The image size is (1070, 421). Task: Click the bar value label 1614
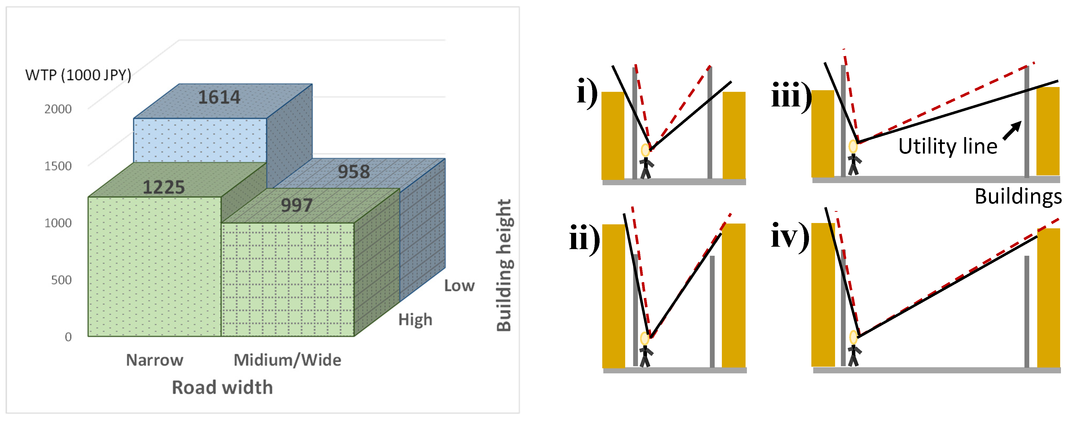[219, 98]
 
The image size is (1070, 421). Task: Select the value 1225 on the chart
[164, 187]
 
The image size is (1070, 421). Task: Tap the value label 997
[296, 205]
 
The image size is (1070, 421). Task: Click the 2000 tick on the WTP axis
[58, 109]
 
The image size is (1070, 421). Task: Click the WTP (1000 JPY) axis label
[78, 75]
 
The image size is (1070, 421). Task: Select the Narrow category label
[154, 360]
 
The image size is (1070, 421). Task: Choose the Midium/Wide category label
[287, 360]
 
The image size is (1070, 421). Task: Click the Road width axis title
[222, 387]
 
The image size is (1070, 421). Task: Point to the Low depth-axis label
[459, 286]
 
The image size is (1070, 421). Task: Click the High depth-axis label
[415, 320]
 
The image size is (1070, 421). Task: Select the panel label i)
[587, 92]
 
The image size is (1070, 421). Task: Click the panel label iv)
[790, 236]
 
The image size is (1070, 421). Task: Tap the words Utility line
[947, 147]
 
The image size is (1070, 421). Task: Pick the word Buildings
[1018, 196]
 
